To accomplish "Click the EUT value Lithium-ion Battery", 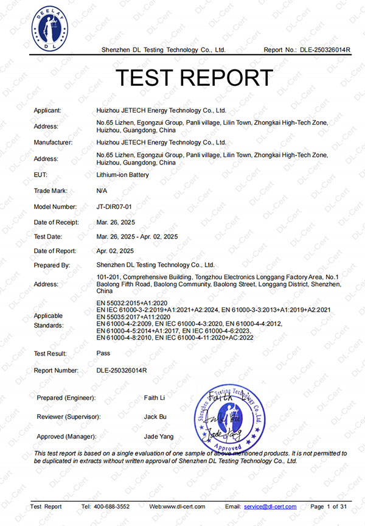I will click(123, 175).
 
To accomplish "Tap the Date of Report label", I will click(55, 251).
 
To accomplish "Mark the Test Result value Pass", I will click(103, 353).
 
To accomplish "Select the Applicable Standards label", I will click(49, 321).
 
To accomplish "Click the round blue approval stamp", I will click(229, 416).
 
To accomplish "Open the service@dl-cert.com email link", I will click(269, 507).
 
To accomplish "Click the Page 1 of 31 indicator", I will click(329, 507).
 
